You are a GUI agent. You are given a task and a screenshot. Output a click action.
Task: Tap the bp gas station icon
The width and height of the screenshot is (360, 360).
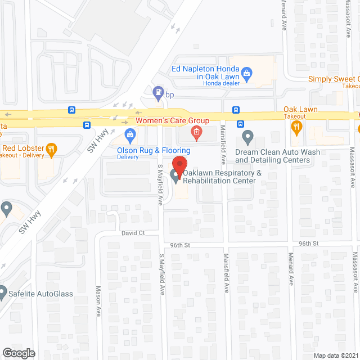pos(159,91)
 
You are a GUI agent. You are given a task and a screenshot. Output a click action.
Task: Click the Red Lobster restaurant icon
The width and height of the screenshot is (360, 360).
pos(51,149)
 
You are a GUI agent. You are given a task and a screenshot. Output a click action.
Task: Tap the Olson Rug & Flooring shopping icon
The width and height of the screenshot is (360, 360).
pos(130,135)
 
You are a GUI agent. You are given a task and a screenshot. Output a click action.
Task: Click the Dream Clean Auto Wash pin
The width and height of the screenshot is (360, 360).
pos(247,136)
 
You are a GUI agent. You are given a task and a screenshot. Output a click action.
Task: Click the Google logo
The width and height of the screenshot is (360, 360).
pos(19,353)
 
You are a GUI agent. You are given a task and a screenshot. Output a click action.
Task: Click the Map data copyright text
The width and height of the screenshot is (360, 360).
pos(336,355)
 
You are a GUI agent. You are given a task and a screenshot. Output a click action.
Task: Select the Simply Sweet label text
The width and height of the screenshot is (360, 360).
pos(334,79)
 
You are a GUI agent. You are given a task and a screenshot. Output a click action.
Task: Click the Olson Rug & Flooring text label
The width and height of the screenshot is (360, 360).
pos(154,150)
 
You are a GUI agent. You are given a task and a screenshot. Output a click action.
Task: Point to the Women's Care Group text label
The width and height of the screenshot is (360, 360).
pos(172,121)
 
